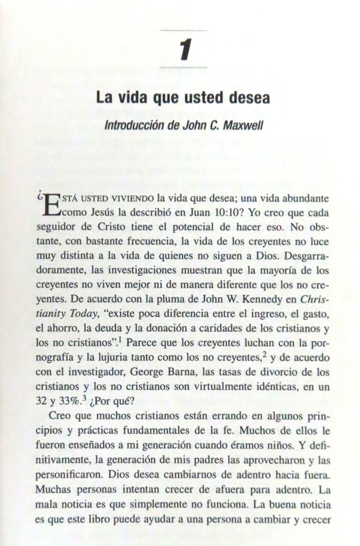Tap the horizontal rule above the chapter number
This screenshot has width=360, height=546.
coord(183,31)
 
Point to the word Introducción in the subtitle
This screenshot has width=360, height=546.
coord(134,114)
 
